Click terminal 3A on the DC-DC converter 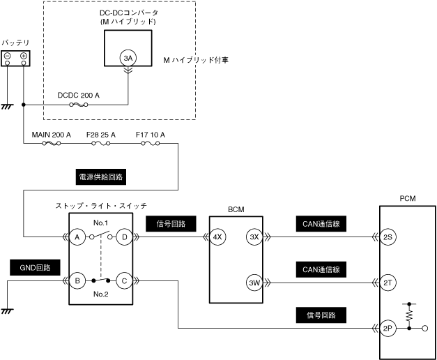(128, 58)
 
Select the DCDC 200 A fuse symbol (79, 105)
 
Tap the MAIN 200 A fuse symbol (52, 144)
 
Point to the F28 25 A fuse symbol (101, 144)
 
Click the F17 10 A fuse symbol (151, 144)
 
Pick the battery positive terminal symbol (24, 55)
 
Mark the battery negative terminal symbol (8, 55)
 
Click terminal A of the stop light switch (77, 237)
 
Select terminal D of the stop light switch (124, 237)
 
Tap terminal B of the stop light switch (77, 280)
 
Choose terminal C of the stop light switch (124, 280)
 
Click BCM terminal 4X (217, 237)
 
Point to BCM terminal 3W (254, 283)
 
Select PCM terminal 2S (388, 237)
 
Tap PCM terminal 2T (388, 283)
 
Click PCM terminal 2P (388, 329)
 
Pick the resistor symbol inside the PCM (409, 316)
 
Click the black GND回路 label (35, 268)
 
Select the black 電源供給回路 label (101, 177)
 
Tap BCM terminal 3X (254, 237)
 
